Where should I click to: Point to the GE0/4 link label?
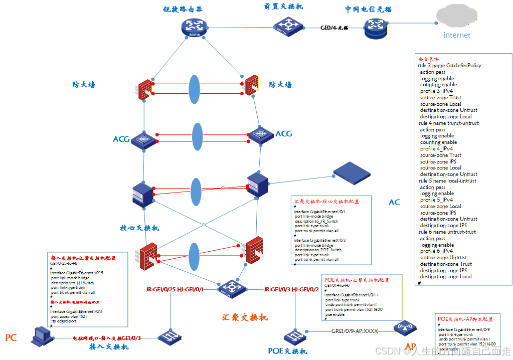coord(334,28)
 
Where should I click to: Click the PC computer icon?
coord(42,334)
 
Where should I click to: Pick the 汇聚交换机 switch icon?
coord(232,288)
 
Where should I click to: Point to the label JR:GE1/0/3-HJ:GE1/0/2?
coord(291,290)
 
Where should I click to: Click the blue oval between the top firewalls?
coord(194,89)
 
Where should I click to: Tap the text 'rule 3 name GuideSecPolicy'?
coord(449,66)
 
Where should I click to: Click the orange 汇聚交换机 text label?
coord(245,317)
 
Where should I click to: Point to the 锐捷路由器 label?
coord(183,10)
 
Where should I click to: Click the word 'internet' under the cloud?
coord(457,35)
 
